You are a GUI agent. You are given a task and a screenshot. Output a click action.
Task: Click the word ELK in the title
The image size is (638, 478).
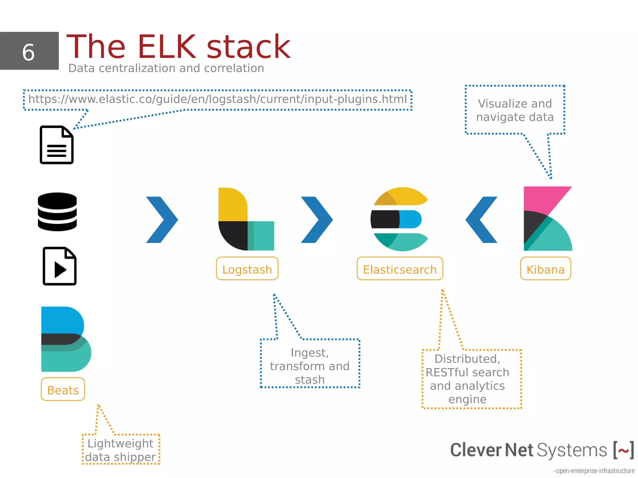(x=167, y=47)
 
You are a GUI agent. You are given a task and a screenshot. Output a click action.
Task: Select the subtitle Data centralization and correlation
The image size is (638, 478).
(x=166, y=68)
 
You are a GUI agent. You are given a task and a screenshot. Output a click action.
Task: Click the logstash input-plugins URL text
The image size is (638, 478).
(x=217, y=99)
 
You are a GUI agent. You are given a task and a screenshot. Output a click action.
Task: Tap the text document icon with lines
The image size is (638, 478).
(x=57, y=145)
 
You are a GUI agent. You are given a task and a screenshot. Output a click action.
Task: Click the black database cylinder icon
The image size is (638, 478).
(x=57, y=212)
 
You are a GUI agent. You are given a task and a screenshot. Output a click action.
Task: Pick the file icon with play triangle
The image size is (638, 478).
(x=60, y=266)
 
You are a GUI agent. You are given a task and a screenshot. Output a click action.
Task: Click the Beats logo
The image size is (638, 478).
(x=65, y=339)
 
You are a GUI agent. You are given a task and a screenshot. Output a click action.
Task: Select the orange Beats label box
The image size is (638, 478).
(x=63, y=390)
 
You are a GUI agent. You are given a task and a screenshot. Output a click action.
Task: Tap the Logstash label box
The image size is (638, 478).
(x=247, y=269)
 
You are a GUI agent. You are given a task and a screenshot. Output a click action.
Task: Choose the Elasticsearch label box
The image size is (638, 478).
(x=400, y=269)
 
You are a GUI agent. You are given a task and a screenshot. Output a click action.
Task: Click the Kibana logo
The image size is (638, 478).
(x=547, y=219)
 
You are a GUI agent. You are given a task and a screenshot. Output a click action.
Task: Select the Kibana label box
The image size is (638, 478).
(x=545, y=269)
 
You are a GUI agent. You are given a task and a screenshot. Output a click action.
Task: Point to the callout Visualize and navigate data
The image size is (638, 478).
(x=515, y=110)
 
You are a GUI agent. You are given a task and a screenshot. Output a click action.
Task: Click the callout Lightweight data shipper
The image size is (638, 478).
(x=121, y=450)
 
